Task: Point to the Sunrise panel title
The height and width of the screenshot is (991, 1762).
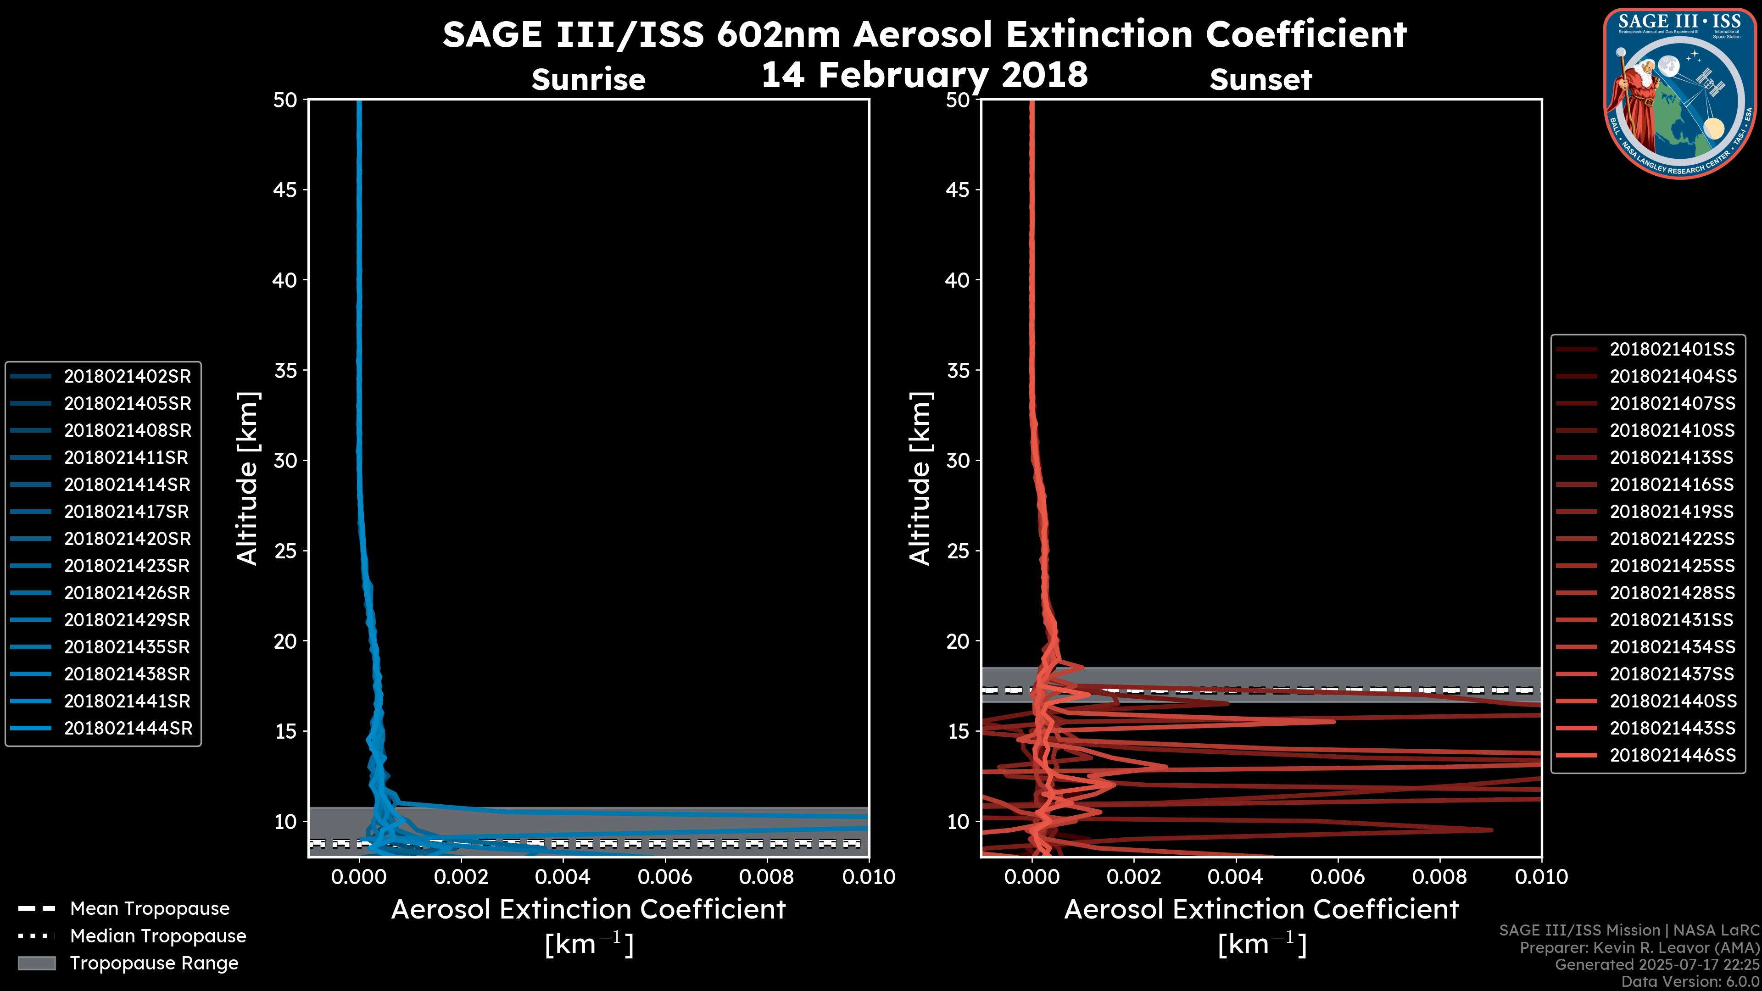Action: click(x=588, y=80)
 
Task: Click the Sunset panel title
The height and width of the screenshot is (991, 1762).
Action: click(x=1260, y=80)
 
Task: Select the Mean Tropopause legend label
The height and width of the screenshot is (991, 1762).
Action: click(x=150, y=909)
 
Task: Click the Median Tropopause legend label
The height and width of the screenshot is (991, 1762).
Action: click(x=158, y=935)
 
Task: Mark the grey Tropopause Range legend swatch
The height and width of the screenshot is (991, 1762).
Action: click(x=36, y=963)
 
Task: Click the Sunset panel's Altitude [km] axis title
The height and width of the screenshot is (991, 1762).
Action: click(x=920, y=479)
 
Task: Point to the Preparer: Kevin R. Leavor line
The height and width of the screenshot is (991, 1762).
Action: click(x=1639, y=948)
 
